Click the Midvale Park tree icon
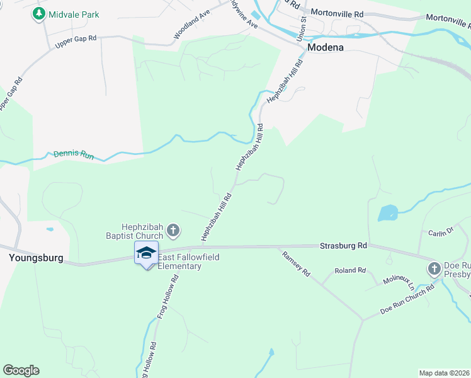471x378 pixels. click(x=39, y=14)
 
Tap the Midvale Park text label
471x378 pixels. click(x=74, y=14)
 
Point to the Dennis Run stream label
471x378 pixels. click(x=74, y=154)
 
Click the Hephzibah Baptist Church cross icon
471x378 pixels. click(x=174, y=231)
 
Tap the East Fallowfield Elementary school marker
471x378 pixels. click(x=147, y=253)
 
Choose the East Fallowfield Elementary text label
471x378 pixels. click(x=179, y=261)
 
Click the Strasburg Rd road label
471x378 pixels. click(x=343, y=245)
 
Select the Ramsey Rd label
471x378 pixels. click(x=297, y=264)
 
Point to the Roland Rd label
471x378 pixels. click(x=350, y=270)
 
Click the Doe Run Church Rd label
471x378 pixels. click(x=407, y=301)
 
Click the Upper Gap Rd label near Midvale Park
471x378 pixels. click(x=76, y=42)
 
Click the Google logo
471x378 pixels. click(x=21, y=370)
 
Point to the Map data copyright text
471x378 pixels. click(x=445, y=372)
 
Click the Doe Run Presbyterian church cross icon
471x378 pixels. click(x=434, y=269)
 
